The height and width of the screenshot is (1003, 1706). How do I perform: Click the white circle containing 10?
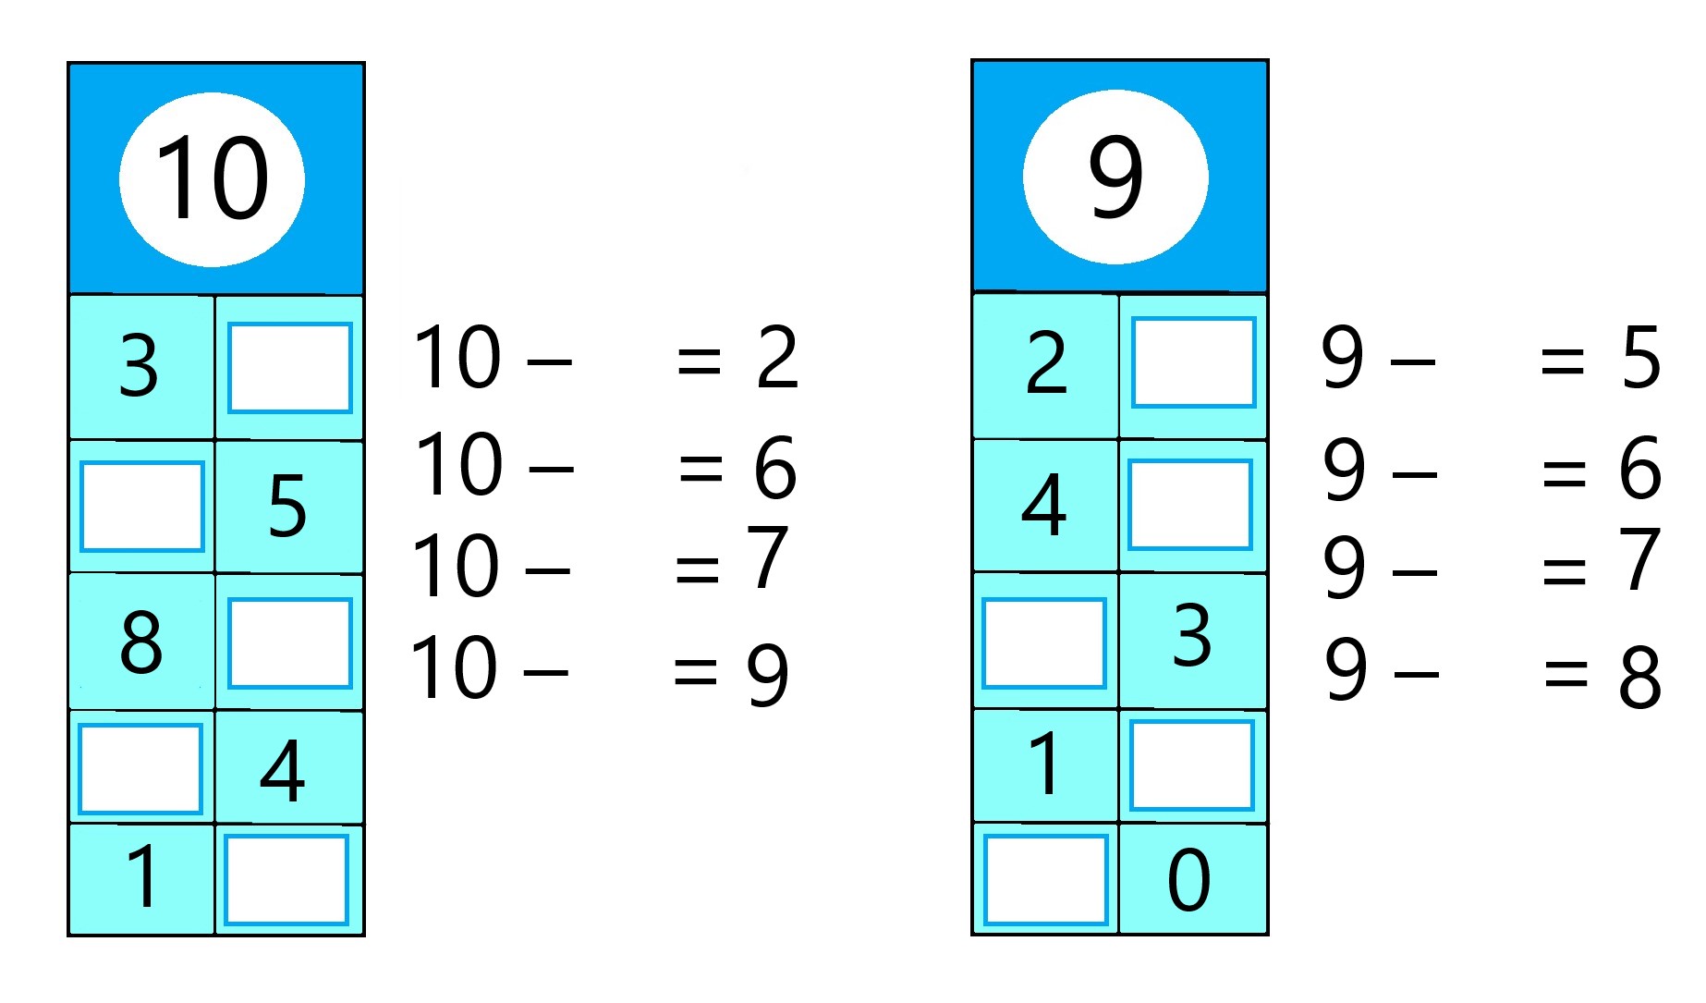[x=212, y=179]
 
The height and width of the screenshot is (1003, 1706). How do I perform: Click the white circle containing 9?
[x=1115, y=177]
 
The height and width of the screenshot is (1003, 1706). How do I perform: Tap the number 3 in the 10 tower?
[x=139, y=366]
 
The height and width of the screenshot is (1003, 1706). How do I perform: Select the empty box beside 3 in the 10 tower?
[x=290, y=368]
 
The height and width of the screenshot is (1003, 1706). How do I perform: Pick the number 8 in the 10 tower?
[x=141, y=642]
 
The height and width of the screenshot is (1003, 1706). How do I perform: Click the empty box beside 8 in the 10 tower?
[x=290, y=643]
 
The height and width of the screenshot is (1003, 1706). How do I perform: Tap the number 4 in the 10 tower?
[x=283, y=770]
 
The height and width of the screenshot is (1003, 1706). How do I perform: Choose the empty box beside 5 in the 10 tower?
[x=141, y=507]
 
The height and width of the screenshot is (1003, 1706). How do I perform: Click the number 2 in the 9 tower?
[x=1046, y=363]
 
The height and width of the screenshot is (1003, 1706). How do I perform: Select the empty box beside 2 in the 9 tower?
[x=1193, y=362]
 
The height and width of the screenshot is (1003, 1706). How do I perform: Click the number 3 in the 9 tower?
[x=1192, y=635]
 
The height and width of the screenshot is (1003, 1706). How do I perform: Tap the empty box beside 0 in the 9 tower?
[x=1045, y=880]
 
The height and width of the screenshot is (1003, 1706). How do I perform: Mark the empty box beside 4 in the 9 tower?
[x=1190, y=505]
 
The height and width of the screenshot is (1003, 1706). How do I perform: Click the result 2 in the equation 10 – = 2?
[x=776, y=357]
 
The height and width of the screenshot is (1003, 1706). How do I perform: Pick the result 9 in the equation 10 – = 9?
[x=768, y=675]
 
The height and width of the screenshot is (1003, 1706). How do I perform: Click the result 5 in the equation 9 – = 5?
[x=1640, y=357]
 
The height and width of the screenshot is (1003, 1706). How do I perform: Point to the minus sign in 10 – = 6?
[x=552, y=468]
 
